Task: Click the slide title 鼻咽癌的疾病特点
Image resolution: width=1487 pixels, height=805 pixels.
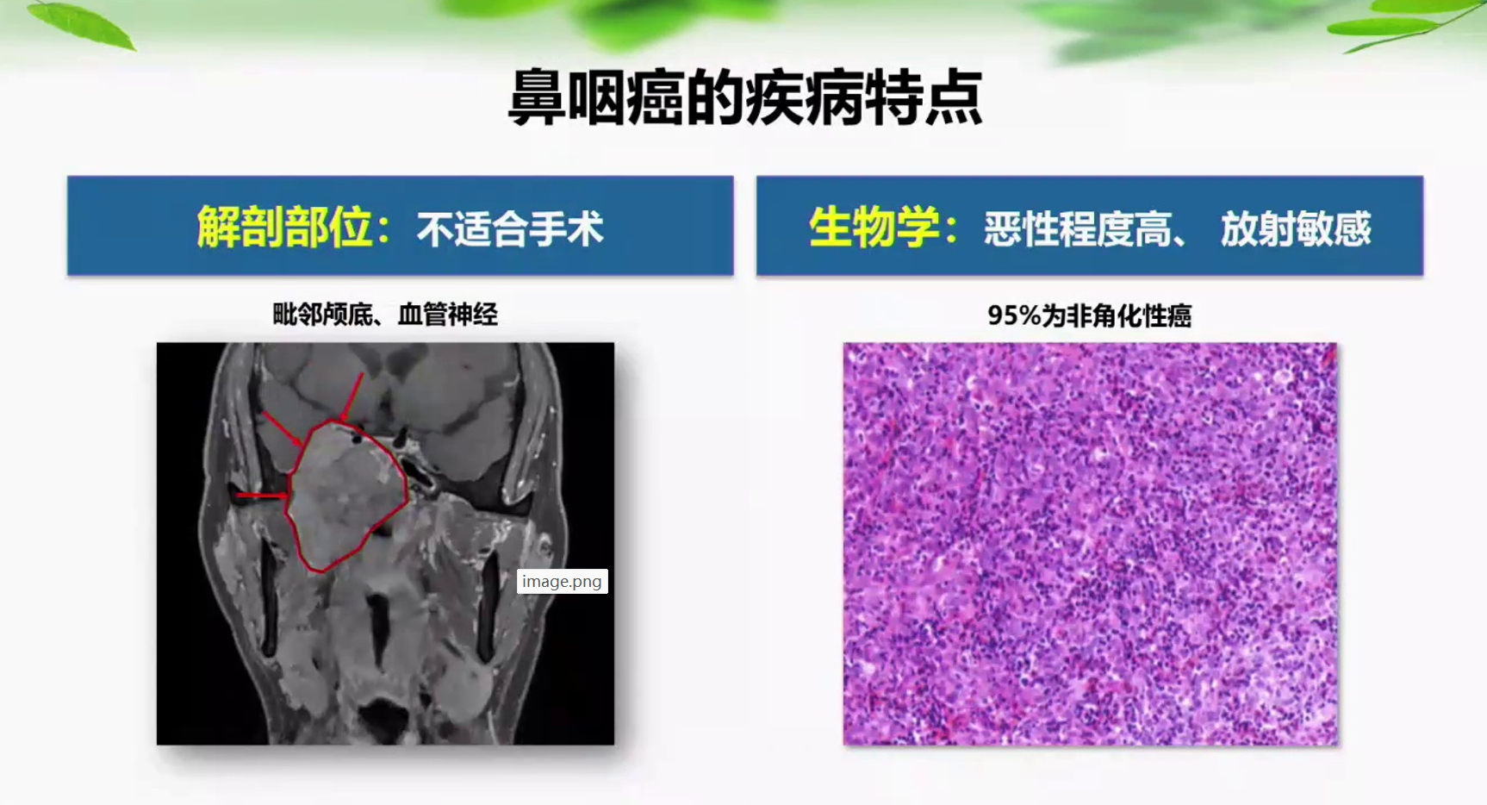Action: (x=745, y=97)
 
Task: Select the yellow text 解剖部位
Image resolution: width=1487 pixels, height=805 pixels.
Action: (x=284, y=228)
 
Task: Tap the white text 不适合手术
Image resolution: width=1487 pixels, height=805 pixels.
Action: (x=510, y=229)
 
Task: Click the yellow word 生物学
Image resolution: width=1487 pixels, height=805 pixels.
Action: (x=874, y=228)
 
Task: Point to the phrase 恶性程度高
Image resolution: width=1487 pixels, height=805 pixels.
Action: (x=1078, y=229)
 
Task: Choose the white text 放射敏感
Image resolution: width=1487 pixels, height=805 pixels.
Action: (x=1296, y=229)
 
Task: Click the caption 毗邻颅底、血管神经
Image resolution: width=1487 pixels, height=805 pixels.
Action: (x=385, y=315)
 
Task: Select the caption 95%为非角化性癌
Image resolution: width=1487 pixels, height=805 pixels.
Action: (x=1089, y=315)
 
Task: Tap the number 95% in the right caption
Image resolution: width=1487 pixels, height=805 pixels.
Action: (x=1014, y=315)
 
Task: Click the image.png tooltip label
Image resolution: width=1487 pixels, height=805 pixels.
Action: (x=562, y=582)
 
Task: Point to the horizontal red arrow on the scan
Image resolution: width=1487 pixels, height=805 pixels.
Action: (x=262, y=496)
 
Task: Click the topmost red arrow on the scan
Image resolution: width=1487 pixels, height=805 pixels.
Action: (x=352, y=397)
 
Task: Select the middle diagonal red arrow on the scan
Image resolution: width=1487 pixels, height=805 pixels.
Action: (x=282, y=428)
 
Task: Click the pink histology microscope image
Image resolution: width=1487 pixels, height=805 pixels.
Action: (x=1090, y=544)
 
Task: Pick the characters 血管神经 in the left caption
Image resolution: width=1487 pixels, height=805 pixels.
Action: (x=447, y=315)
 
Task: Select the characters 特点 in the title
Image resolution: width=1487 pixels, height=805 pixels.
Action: (x=924, y=97)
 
